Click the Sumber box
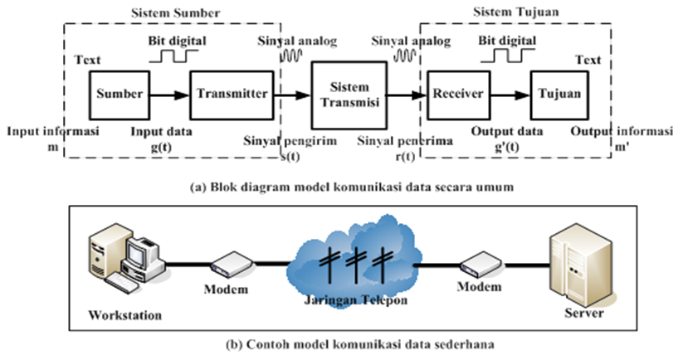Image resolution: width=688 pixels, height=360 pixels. [120, 95]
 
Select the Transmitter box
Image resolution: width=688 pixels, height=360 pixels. [232, 95]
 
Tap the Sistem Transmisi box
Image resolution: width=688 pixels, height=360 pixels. [349, 95]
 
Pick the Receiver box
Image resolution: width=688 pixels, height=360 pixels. [458, 95]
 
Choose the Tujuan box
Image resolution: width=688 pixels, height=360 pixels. [559, 95]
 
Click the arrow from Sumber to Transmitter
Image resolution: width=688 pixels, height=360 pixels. [170, 95]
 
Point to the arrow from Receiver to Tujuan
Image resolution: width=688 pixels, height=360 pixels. [510, 95]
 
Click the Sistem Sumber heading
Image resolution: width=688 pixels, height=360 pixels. [175, 12]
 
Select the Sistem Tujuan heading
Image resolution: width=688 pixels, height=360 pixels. [516, 12]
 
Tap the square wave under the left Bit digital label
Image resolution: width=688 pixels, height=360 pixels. [173, 56]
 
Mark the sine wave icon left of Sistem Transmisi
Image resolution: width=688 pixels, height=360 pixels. [292, 56]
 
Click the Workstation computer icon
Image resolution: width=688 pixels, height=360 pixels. [126, 258]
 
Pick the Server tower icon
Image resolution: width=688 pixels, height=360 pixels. [581, 265]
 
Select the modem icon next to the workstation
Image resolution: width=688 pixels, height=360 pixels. [232, 265]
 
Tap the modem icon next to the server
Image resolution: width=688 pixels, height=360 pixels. [481, 264]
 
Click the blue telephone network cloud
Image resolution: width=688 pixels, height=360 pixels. [354, 261]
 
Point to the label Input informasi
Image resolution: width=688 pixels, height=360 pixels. [53, 131]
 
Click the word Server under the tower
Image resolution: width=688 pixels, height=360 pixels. [584, 313]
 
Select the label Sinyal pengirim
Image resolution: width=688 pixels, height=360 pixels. [290, 141]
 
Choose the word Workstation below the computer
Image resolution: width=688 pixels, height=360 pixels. [125, 315]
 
